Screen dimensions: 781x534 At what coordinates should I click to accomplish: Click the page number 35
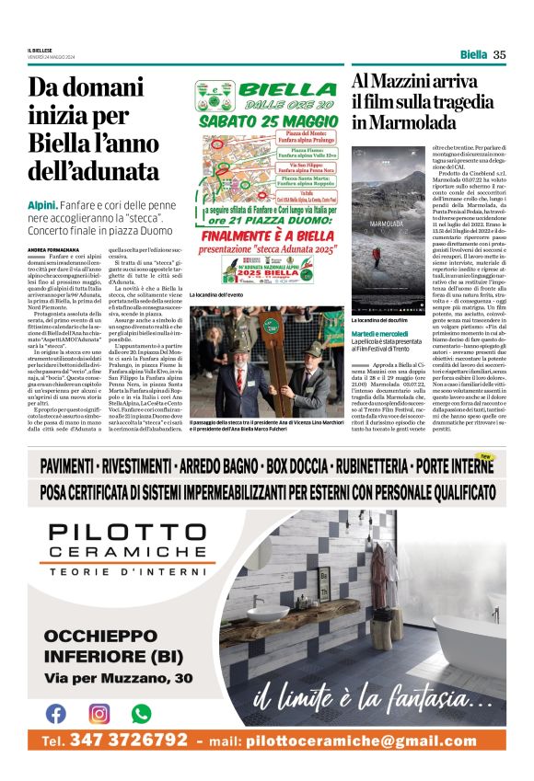point(500,54)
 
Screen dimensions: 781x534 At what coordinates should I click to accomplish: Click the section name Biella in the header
point(473,54)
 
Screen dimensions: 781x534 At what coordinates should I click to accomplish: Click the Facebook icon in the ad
point(55,712)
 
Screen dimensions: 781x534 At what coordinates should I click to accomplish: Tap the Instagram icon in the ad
point(99,712)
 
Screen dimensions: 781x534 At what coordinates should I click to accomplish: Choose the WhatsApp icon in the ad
point(141,712)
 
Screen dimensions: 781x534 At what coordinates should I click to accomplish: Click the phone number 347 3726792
point(129,741)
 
